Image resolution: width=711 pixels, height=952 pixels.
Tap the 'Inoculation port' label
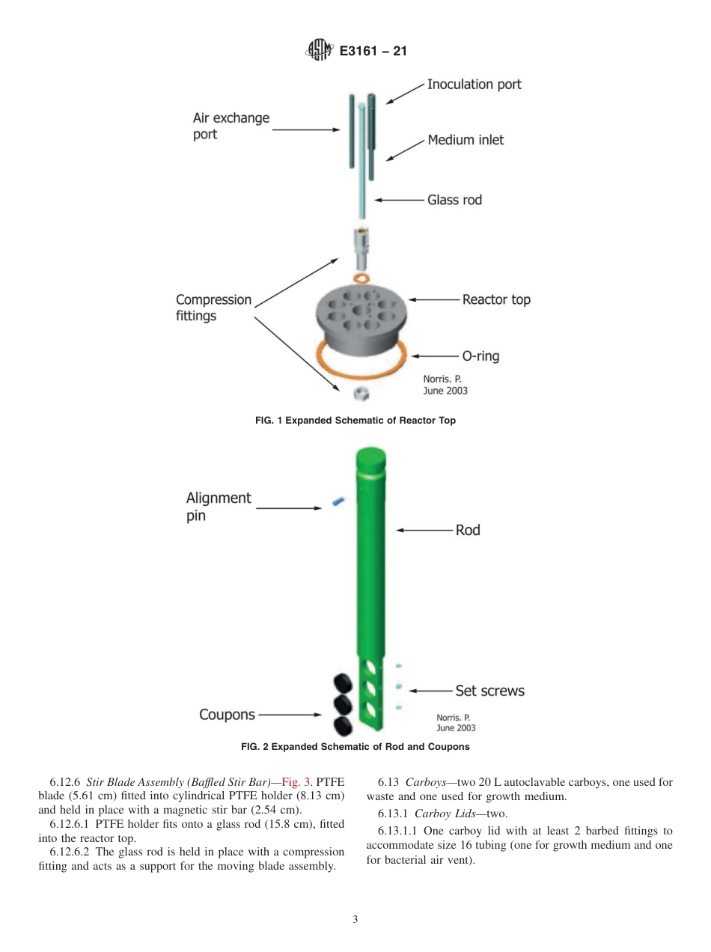[x=474, y=85]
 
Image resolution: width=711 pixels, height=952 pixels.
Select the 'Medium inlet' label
[x=466, y=140]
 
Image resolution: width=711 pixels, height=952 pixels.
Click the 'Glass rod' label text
[x=454, y=200]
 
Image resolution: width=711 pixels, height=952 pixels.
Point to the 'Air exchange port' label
[x=231, y=126]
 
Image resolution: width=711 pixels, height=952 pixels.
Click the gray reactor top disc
[x=361, y=315]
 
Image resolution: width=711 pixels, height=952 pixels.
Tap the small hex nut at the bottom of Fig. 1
[x=361, y=392]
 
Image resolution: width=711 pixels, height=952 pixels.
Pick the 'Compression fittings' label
[x=213, y=308]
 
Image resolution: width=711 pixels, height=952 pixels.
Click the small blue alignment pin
[x=338, y=501]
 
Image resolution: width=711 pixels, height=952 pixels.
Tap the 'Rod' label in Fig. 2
[x=468, y=530]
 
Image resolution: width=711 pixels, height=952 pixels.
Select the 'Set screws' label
[x=489, y=691]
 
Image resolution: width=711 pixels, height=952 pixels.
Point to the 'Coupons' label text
[x=227, y=715]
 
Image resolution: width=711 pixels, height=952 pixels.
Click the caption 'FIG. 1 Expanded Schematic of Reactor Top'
[x=355, y=421]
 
